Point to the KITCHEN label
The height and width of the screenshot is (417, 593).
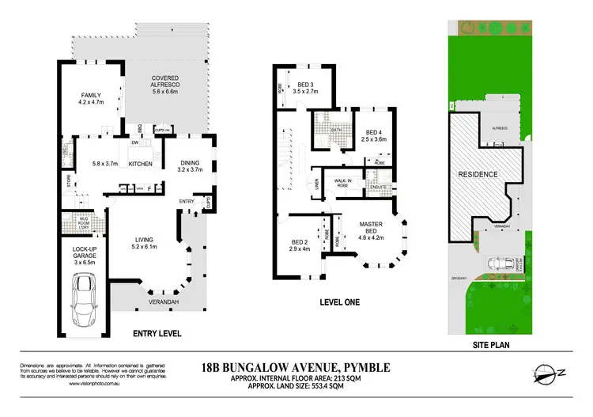[x=140, y=164]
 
